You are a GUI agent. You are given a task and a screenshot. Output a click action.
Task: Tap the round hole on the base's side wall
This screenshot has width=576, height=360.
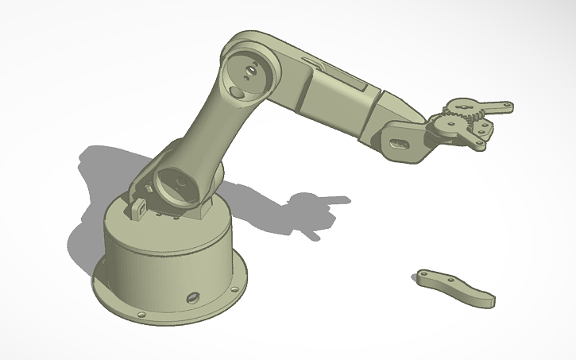coord(191,297)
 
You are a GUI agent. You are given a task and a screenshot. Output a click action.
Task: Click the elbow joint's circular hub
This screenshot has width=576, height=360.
coord(247,74)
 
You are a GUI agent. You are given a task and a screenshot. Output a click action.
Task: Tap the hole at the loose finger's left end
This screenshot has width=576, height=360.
coord(422,274)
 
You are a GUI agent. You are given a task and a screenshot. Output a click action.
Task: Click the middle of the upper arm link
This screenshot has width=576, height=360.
coord(215,127)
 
